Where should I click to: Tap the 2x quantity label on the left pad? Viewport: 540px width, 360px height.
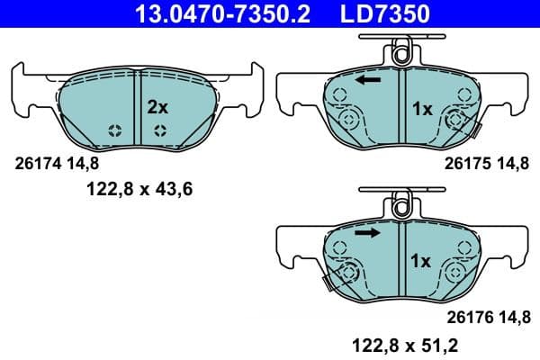[x=157, y=106]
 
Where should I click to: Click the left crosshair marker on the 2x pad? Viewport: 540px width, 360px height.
[x=115, y=130]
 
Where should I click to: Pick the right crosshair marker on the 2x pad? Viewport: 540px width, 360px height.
[x=160, y=130]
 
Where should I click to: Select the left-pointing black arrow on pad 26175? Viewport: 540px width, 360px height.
[x=366, y=81]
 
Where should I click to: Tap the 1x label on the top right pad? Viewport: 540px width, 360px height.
[x=422, y=109]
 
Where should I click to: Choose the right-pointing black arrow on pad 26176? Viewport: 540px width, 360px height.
[x=366, y=233]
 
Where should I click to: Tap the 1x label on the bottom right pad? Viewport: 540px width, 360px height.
[x=422, y=261]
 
